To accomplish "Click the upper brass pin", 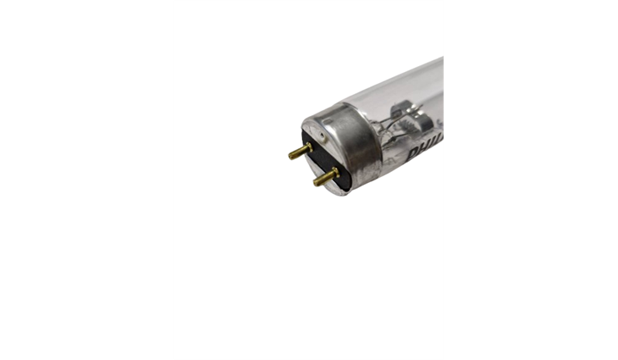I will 300,152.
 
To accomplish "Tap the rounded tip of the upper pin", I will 291,155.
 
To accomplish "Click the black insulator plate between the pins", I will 320,161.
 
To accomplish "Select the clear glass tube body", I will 415,93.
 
